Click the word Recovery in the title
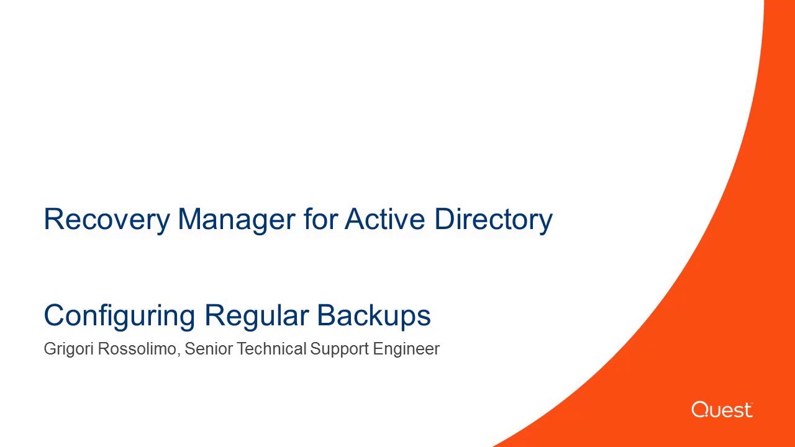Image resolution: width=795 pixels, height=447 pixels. tap(106, 219)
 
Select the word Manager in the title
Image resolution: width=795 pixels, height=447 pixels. tap(235, 219)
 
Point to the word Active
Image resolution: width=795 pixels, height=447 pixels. tap(385, 219)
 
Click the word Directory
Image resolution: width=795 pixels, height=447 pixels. tap(493, 219)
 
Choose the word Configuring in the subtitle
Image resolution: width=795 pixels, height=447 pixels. tap(119, 315)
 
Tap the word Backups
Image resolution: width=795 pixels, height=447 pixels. tap(374, 315)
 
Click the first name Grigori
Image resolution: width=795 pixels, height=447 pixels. tap(68, 349)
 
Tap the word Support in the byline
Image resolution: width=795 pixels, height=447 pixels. tap(339, 349)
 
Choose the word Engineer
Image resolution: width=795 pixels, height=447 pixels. tap(406, 349)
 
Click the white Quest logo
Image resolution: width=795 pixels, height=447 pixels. tap(722, 410)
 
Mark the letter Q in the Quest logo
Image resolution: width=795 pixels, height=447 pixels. tap(699, 410)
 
